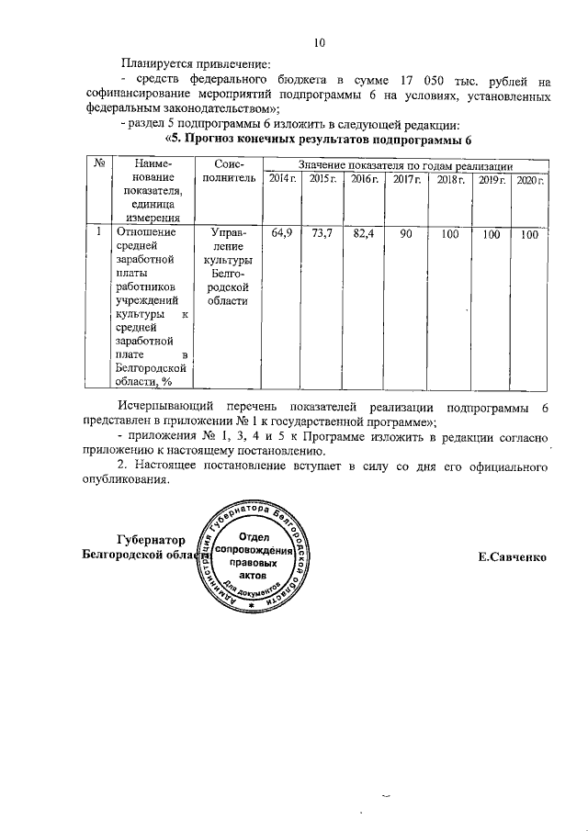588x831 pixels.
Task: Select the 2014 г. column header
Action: pos(283,178)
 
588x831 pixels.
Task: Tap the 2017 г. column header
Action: pos(406,178)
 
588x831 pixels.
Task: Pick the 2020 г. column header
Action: pos(530,178)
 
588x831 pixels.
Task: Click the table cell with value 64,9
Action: pos(283,235)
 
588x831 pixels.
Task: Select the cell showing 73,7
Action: pos(322,235)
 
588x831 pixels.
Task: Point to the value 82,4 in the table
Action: pos(364,235)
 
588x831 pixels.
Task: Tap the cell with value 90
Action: pos(406,235)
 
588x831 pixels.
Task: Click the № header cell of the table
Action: pos(97,163)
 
